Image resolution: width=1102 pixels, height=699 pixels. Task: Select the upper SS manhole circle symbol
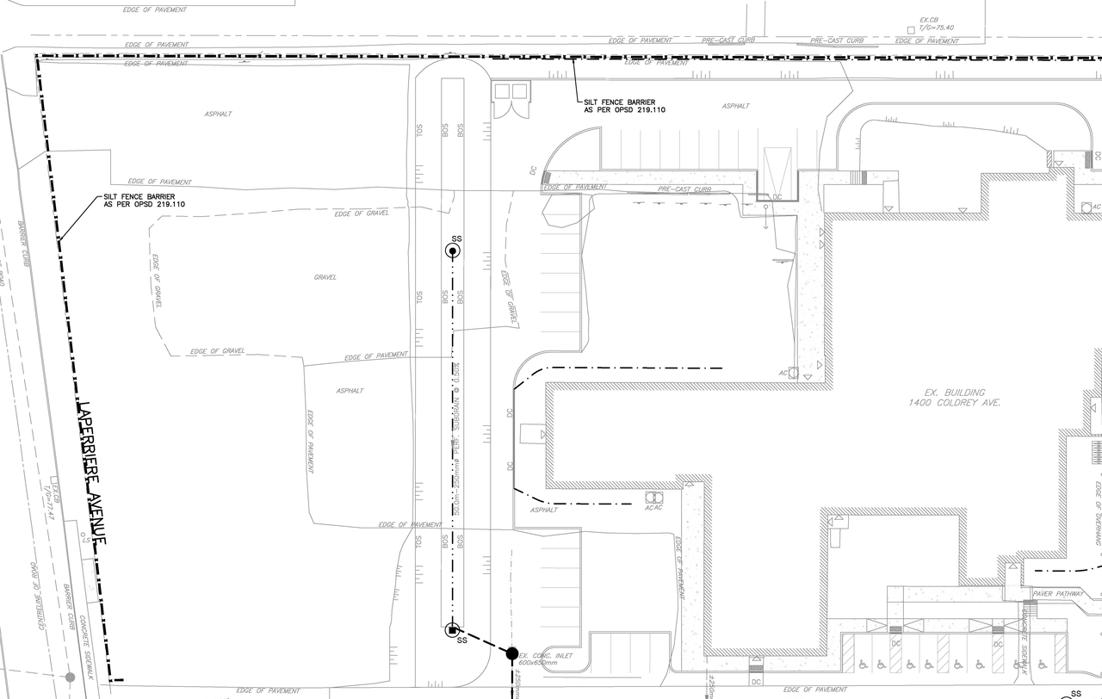pos(452,251)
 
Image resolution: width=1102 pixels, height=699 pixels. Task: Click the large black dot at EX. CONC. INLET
pos(512,654)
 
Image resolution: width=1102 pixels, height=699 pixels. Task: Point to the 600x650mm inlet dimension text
pos(539,664)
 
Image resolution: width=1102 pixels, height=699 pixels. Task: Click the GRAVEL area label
pos(325,277)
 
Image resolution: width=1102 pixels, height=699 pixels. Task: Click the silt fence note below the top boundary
pos(624,106)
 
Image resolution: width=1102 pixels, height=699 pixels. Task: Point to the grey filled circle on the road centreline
pos(71,677)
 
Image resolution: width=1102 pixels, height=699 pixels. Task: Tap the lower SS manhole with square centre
pos(452,630)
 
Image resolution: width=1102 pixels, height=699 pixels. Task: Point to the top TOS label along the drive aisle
pos(419,130)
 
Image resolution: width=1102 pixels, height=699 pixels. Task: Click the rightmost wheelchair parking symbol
pos(1043,665)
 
